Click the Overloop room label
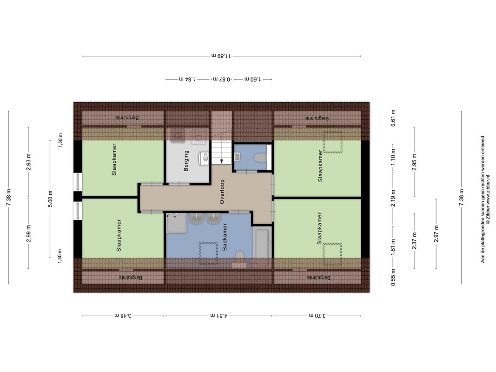coord(222,192)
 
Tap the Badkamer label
coord(225,237)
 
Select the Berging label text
coord(186,161)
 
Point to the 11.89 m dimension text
coord(221,56)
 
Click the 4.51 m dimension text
coord(218,315)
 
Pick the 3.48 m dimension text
coord(123,315)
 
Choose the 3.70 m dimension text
coord(317,315)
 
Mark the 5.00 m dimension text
coord(50,199)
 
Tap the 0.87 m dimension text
coord(222,79)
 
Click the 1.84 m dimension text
coord(187,79)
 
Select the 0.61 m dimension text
coord(393,118)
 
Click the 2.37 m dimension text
coord(414,241)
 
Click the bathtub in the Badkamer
coord(262,243)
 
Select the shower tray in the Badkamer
coord(177,223)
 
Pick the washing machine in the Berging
coord(204,158)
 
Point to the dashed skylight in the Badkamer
coord(208,253)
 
